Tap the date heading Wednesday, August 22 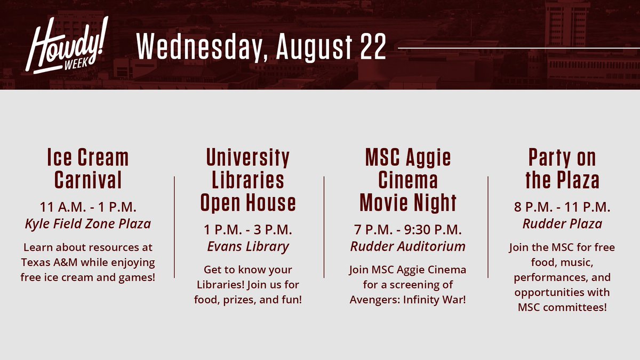[261, 48]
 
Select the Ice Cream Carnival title [88, 169]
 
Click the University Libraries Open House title [248, 180]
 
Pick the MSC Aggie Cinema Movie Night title [408, 180]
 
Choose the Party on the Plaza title [562, 169]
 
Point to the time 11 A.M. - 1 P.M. [88, 206]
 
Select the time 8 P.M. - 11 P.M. [562, 206]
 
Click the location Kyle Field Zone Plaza [88, 223]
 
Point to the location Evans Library [248, 246]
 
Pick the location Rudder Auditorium [408, 246]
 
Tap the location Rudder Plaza [562, 223]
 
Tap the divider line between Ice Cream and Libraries [174, 227]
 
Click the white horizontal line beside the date [517, 48]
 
